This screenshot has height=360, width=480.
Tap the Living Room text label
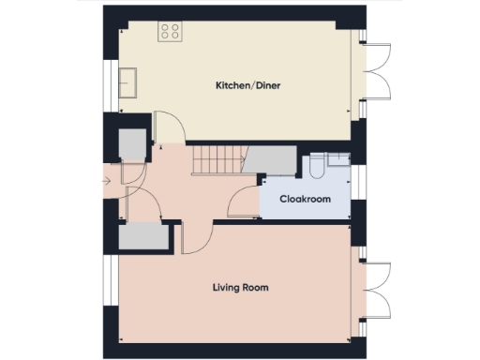(240, 288)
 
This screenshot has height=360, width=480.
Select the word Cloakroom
(305, 199)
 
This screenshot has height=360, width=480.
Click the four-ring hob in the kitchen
(170, 32)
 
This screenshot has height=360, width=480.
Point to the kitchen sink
(129, 82)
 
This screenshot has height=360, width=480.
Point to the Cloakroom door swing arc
(245, 200)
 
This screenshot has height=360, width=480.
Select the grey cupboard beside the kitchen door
(132, 145)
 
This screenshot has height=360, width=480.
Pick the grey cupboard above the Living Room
(142, 236)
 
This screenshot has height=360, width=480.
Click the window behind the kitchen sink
(111, 82)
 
